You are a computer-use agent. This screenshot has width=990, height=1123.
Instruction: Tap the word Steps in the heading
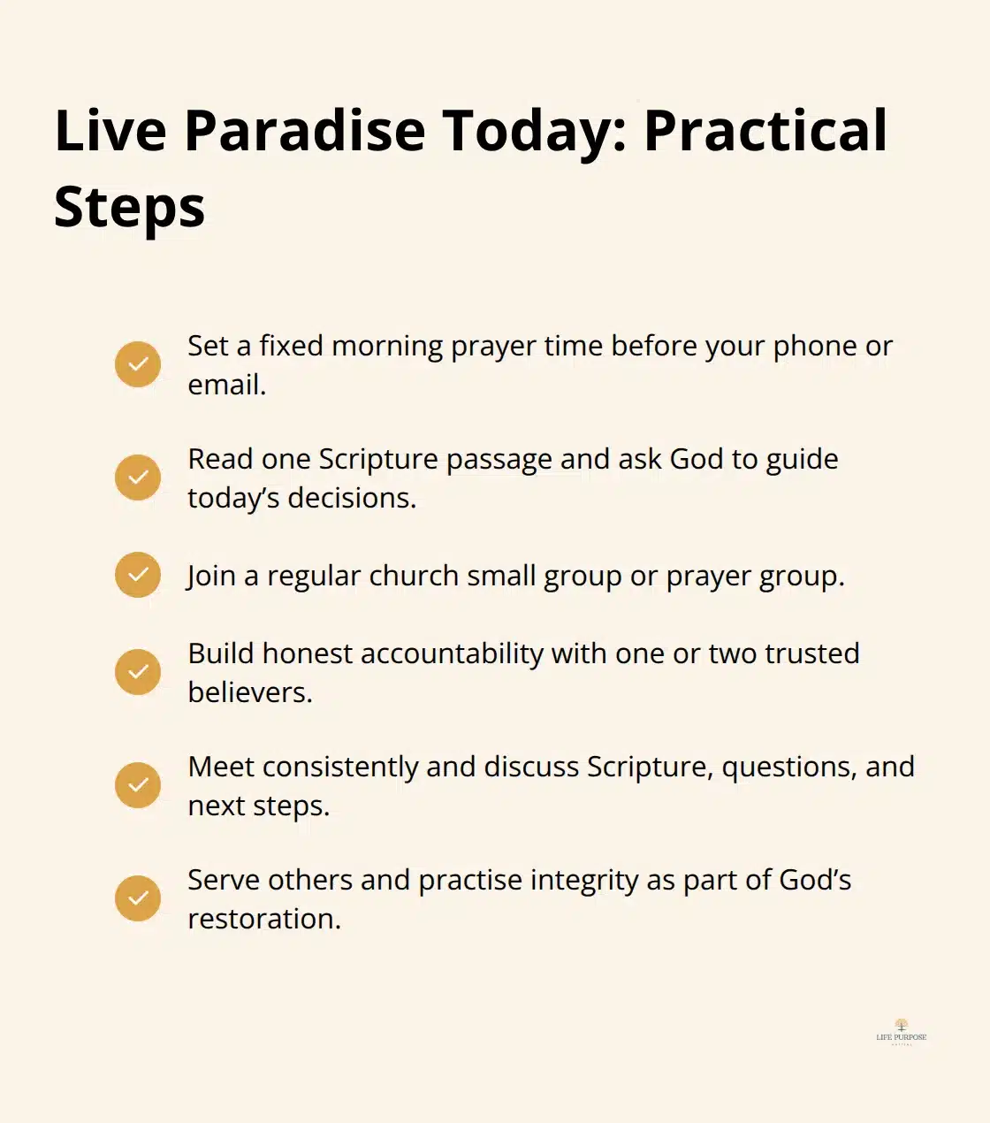point(129,207)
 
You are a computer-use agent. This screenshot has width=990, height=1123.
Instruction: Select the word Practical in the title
point(765,131)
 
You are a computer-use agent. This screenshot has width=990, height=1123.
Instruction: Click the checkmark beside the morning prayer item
point(138,364)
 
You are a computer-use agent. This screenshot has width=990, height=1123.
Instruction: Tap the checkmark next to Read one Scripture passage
point(138,477)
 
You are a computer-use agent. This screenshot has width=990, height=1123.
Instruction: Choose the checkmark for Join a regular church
point(138,575)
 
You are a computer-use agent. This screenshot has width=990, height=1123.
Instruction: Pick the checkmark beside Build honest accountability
point(138,672)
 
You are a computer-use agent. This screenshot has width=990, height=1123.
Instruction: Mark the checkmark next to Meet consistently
point(138,785)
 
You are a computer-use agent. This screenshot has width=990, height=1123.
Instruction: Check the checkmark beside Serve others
point(138,898)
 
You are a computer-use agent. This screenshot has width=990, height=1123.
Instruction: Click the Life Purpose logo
point(901,1032)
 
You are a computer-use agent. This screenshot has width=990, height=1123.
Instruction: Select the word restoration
point(263,919)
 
